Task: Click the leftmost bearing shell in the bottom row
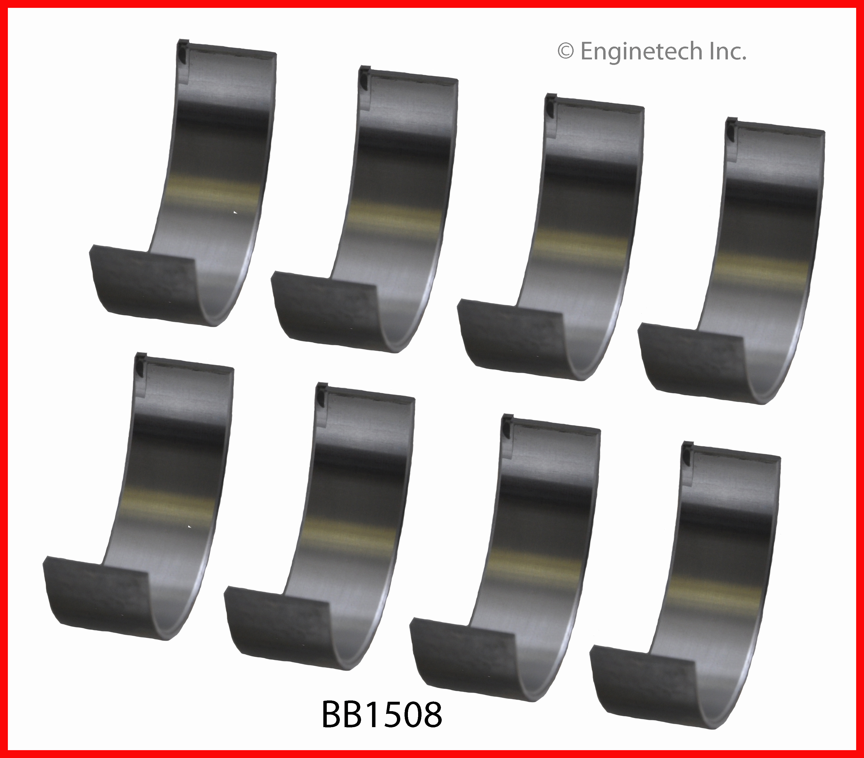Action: click(138, 496)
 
